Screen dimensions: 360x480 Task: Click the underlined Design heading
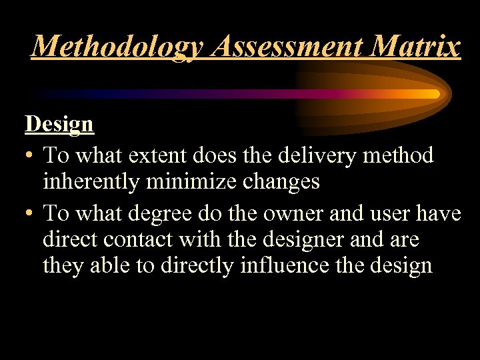(59, 124)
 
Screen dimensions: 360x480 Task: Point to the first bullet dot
(30, 157)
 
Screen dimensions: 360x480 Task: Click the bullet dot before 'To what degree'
(30, 214)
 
